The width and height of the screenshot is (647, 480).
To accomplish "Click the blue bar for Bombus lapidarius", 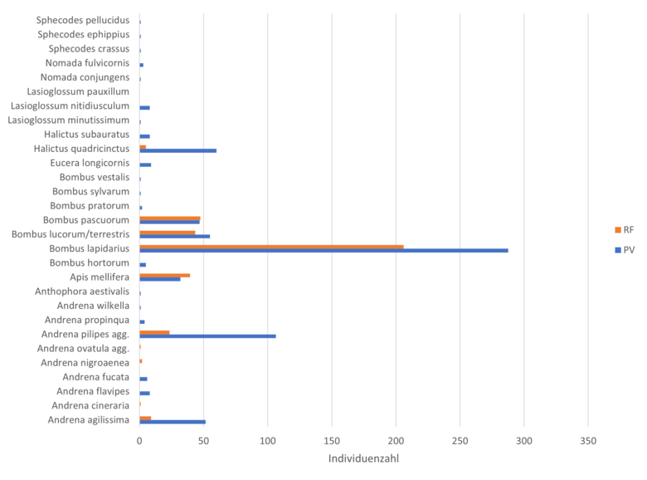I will pyautogui.click(x=324, y=250).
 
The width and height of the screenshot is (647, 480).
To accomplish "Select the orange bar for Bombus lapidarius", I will pyautogui.click(x=272, y=246).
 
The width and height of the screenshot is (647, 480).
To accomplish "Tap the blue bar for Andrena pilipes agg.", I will pyautogui.click(x=208, y=336).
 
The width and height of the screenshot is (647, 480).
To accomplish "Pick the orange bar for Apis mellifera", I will pyautogui.click(x=165, y=275).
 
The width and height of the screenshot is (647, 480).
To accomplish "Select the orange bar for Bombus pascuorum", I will pyautogui.click(x=170, y=218).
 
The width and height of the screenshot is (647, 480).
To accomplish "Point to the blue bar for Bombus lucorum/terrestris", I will pyautogui.click(x=175, y=236).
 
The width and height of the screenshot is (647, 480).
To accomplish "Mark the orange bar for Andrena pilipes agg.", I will pyautogui.click(x=155, y=331).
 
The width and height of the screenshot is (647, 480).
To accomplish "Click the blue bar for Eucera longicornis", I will pyautogui.click(x=146, y=164).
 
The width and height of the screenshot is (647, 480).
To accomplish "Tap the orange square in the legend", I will pyautogui.click(x=617, y=230).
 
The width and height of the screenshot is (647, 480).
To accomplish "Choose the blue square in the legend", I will pyautogui.click(x=617, y=249).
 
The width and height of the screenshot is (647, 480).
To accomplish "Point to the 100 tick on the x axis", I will pyautogui.click(x=267, y=441).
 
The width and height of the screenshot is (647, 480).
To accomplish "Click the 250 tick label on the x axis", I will pyautogui.click(x=460, y=441).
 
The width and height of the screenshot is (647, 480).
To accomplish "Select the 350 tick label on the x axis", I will pyautogui.click(x=587, y=441).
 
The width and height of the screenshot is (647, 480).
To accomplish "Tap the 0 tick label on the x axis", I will pyautogui.click(x=139, y=441).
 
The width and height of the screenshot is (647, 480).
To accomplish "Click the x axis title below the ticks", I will pyautogui.click(x=363, y=458).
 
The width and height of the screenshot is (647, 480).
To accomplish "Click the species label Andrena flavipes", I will pyautogui.click(x=92, y=391).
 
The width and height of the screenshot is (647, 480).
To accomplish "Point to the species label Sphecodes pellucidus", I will pyautogui.click(x=83, y=19).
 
